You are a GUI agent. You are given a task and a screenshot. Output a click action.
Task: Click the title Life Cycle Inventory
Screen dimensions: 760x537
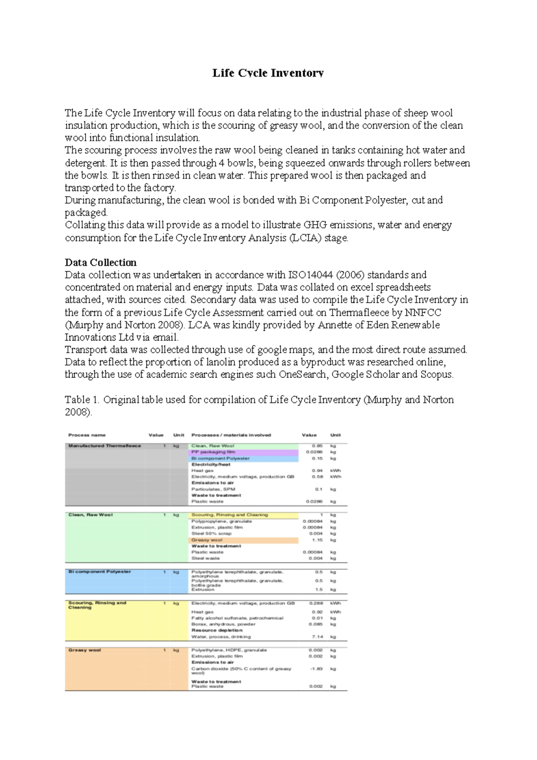pos(268,73)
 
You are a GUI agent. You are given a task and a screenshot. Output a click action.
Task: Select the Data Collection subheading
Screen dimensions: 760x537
pos(101,262)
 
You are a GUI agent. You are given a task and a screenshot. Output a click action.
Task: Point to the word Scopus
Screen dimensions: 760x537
pos(436,374)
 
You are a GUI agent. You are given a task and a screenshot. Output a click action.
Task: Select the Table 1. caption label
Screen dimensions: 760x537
pos(82,400)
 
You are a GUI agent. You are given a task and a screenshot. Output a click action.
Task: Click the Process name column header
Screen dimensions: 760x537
pos(87,435)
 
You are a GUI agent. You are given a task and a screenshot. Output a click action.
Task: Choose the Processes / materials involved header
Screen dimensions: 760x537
pos(231,435)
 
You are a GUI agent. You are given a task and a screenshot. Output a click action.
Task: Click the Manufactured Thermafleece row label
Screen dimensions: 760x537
pos(104,446)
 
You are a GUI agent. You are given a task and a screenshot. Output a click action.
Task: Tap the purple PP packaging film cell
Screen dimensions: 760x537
pos(213,452)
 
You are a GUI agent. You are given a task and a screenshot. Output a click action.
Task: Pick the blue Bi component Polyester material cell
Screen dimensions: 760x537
pos(220,458)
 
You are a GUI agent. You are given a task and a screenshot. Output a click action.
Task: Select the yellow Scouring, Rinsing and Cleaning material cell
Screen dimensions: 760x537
pos(230,515)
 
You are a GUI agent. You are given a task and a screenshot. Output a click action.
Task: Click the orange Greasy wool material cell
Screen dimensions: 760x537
pos(207,540)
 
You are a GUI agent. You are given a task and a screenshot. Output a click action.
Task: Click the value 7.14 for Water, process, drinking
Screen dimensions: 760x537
pos(317,636)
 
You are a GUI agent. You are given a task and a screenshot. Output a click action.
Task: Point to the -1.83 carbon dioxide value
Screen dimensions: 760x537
pos(316,669)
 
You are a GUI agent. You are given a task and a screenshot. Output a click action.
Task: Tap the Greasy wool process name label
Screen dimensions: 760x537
pos(85,650)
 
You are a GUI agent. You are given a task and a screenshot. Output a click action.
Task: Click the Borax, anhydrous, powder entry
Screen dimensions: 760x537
pos(223,624)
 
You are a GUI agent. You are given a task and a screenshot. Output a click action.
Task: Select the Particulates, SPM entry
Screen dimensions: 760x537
pos(213,489)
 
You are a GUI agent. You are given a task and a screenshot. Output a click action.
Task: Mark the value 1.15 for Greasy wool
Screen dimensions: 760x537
pos(317,540)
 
